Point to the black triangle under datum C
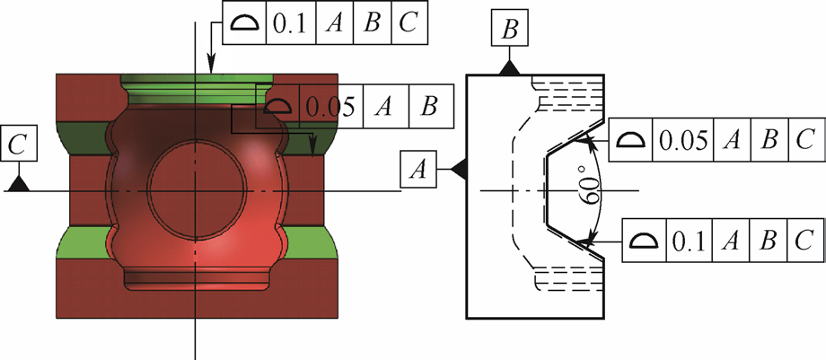(x=18, y=183)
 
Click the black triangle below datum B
(x=509, y=67)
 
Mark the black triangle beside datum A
(x=457, y=168)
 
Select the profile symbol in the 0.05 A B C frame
(x=632, y=139)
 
